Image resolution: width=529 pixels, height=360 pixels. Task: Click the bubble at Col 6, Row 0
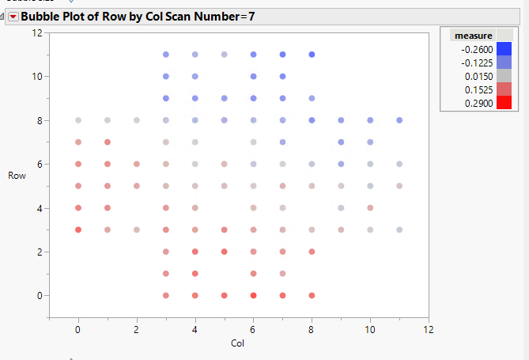tap(254, 295)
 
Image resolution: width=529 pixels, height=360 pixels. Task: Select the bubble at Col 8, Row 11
tap(312, 55)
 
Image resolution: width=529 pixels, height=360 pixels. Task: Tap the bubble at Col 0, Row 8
tap(78, 120)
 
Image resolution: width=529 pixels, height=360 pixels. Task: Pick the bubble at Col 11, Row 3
tap(399, 229)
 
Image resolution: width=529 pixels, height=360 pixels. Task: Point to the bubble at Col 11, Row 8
tap(399, 120)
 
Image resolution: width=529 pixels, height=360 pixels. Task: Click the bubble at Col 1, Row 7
tap(108, 142)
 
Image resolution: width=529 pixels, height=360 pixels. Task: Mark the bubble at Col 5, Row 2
tap(225, 252)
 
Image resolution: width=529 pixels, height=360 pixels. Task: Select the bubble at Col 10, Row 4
tap(370, 208)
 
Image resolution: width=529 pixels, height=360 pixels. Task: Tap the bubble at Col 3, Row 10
tap(166, 77)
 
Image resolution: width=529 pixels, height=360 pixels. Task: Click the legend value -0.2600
tap(476, 49)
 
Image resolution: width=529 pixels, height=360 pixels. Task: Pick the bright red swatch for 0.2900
tap(502, 103)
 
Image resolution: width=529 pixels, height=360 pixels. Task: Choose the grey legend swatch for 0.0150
tap(502, 76)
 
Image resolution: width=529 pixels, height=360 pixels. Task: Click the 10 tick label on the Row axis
tap(36, 77)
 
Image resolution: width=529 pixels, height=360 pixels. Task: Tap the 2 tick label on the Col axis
tap(137, 328)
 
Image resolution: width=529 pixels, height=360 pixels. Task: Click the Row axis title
tap(15, 175)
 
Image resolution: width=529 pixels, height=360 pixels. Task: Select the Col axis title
tap(238, 343)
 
